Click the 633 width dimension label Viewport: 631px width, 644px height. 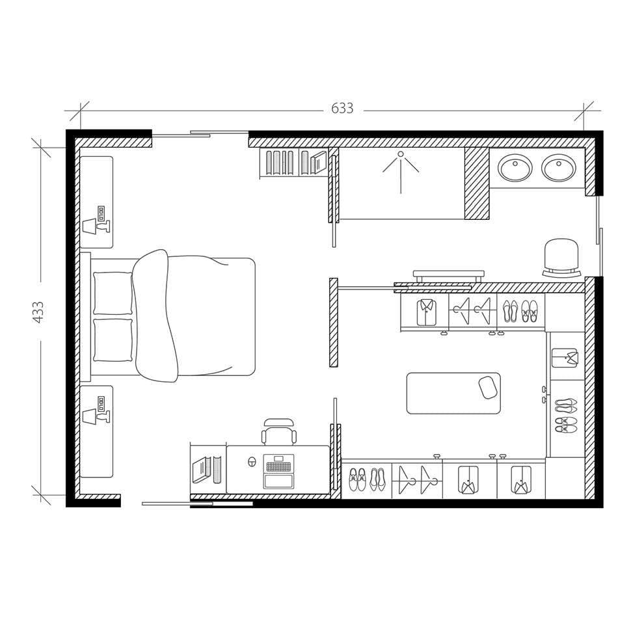[342, 109]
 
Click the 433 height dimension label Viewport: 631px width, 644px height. [38, 312]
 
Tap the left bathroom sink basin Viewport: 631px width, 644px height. [515, 168]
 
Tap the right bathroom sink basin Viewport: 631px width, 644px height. [558, 168]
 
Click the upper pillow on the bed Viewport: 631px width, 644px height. [113, 293]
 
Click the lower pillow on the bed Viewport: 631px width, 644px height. [113, 340]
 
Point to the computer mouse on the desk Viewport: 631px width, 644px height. [252, 462]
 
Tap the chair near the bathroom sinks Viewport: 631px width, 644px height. [561, 257]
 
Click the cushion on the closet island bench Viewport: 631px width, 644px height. [488, 387]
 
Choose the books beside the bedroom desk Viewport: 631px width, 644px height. [208, 469]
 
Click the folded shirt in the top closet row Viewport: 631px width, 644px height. [426, 312]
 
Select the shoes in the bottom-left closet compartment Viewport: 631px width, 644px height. [367, 480]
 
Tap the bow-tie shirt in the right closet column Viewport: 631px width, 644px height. [564, 357]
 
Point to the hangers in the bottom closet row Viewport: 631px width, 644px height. [417, 481]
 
